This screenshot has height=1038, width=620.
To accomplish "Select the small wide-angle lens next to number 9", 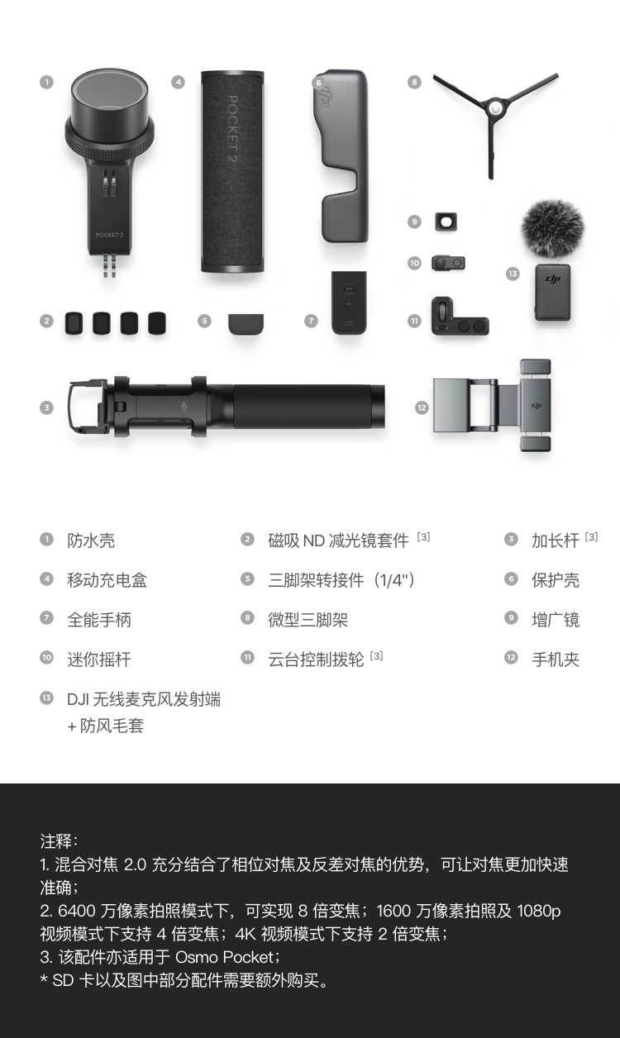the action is point(446,221).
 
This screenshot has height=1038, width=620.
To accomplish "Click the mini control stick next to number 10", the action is point(449,263).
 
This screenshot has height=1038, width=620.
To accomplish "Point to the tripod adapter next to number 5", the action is point(246,323).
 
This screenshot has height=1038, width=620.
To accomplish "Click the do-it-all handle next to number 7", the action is point(349,302).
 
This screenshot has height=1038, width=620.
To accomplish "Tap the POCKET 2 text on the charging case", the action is point(232,128).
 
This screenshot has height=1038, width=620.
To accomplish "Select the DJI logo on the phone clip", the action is point(537,406).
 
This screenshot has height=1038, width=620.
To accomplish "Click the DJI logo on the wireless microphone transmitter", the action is point(553,279).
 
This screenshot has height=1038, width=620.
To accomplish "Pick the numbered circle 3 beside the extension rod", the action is point(46,407).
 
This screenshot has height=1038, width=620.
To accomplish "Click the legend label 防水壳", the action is point(91,540).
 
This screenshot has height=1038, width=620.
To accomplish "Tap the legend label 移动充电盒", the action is point(107,580).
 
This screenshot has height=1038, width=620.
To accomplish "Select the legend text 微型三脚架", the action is point(308,620).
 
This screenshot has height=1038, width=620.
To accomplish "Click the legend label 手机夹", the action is point(556,659).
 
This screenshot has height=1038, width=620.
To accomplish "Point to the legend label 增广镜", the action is point(556,620).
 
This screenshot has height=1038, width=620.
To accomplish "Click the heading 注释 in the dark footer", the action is point(56,841).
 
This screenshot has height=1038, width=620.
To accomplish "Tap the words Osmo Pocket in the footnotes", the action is point(225,957).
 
